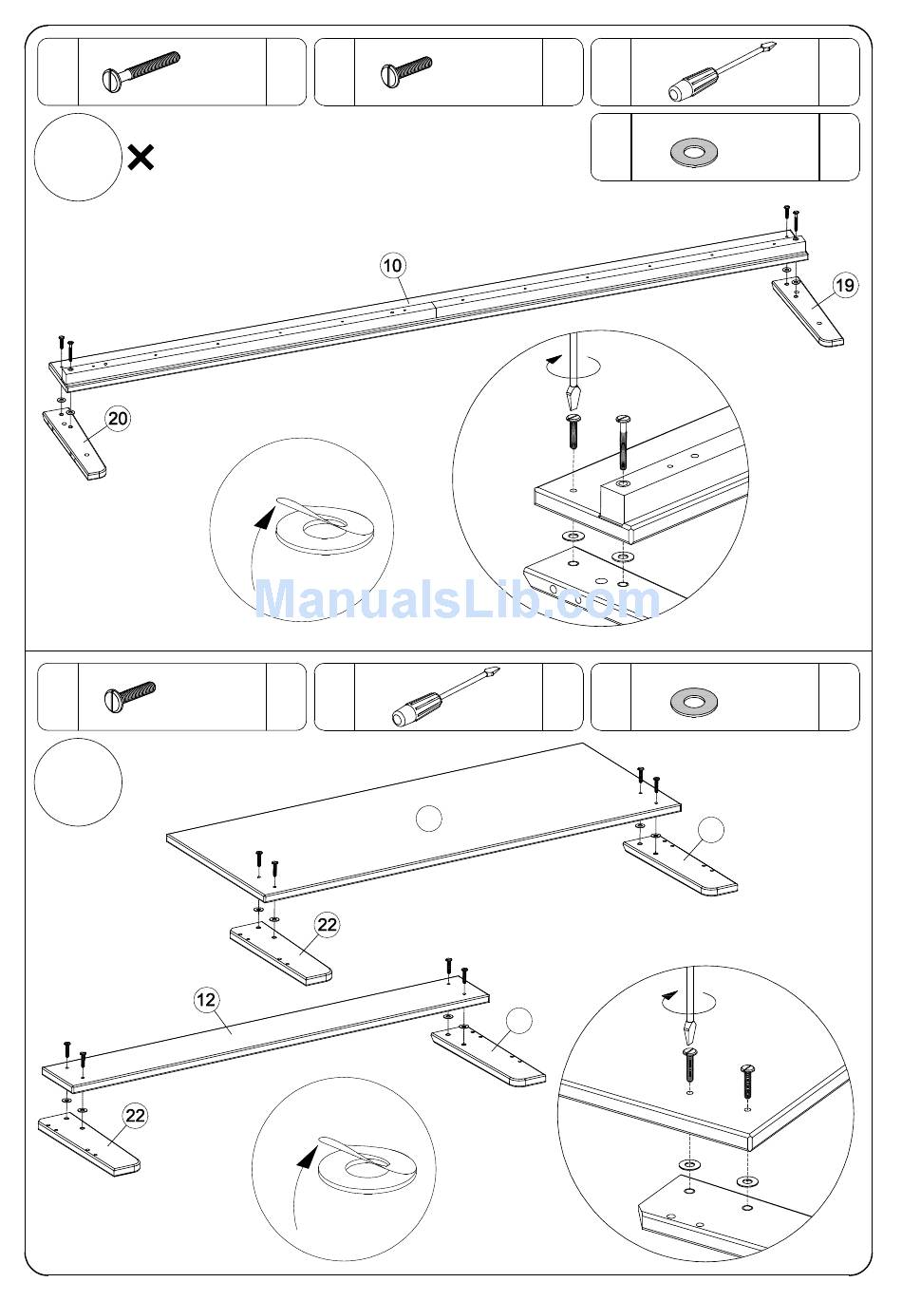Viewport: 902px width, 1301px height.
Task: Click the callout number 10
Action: coord(393,266)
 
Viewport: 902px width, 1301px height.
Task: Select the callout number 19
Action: coord(844,285)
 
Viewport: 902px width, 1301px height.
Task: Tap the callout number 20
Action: coord(118,419)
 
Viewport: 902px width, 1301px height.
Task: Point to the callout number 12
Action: coord(206,1000)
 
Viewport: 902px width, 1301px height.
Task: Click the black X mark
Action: coord(141,158)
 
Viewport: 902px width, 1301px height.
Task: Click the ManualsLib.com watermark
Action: coord(457,600)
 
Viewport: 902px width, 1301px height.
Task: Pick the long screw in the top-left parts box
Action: coord(141,71)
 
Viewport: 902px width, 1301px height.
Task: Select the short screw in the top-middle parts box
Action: coord(406,72)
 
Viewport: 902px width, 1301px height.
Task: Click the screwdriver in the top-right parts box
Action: coord(722,71)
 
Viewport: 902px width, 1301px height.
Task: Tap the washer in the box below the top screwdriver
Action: coord(693,153)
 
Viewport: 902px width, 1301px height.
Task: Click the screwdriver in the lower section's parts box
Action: coord(446,697)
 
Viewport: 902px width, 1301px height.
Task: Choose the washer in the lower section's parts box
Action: coord(693,702)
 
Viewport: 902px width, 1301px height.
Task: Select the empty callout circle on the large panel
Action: coord(429,819)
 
